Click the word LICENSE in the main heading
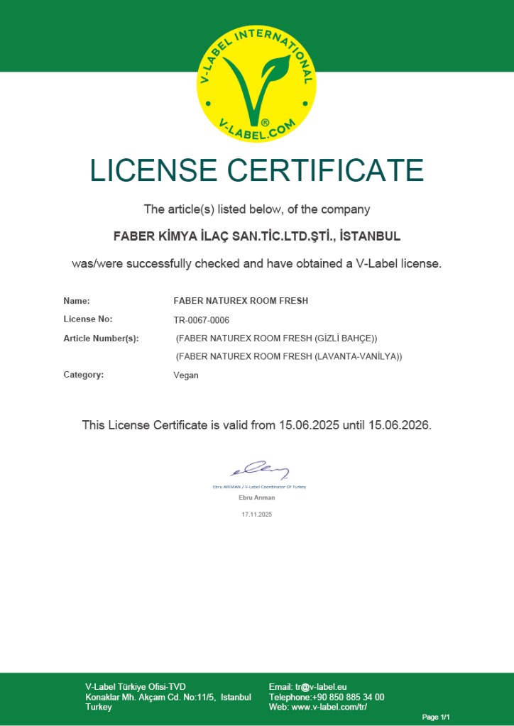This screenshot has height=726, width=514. click(153, 171)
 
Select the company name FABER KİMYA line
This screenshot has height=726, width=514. click(256, 236)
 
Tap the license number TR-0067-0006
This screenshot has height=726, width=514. click(201, 320)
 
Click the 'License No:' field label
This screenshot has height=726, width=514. click(88, 319)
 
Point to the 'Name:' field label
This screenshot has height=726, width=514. click(77, 301)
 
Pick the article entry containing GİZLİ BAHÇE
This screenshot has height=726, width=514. click(277, 339)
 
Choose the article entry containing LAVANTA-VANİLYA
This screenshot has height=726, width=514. click(289, 356)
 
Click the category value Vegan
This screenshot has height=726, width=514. click(186, 375)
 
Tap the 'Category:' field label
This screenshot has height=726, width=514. click(83, 375)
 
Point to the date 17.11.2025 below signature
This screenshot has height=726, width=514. click(256, 514)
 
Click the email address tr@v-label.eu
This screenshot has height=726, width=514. click(321, 687)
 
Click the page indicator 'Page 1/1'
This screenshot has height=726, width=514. click(436, 717)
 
